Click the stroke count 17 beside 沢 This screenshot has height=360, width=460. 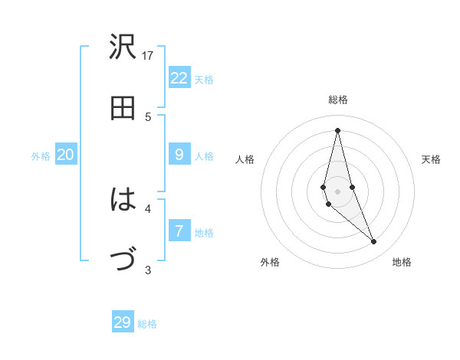point(148,55)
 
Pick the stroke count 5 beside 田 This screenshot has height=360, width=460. point(148,116)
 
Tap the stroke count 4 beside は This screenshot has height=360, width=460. point(148,208)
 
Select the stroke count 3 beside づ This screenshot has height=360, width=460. point(148,270)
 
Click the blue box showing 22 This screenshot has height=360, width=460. point(179,78)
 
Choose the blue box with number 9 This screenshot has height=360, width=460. point(179,155)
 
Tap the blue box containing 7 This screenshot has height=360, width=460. point(179,231)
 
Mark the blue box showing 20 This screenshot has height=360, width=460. point(65,155)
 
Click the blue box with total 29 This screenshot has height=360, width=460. point(123,322)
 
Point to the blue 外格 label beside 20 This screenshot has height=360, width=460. point(41,156)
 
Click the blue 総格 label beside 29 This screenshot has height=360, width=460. point(147,324)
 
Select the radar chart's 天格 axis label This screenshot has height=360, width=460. point(431,159)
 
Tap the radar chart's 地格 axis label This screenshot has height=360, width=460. point(402,262)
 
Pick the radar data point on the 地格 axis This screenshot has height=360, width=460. point(373,242)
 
